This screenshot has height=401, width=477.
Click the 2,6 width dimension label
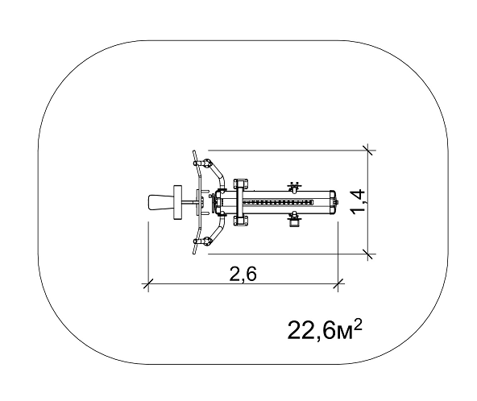(243, 273)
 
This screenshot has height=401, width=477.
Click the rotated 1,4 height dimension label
(358, 201)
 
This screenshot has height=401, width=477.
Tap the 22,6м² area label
(325, 329)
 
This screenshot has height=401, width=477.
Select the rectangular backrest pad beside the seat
(177, 202)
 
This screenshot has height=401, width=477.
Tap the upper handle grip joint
(206, 163)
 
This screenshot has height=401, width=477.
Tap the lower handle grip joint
(206, 241)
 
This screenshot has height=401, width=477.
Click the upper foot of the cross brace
(241, 184)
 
